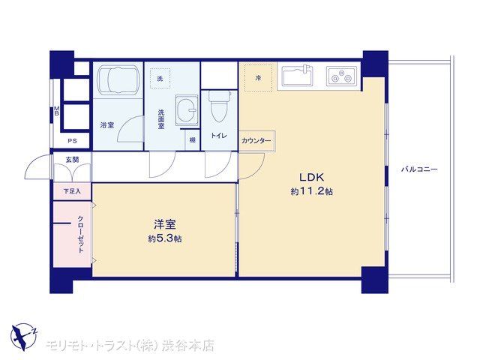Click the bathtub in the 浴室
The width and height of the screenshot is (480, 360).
pyautogui.click(x=118, y=78)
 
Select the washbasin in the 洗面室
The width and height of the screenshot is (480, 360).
pyautogui.click(x=187, y=110)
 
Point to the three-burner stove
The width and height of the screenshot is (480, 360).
pyautogui.click(x=341, y=76)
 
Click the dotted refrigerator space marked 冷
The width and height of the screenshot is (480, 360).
pyautogui.click(x=258, y=78)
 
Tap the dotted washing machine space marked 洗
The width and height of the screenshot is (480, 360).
pyautogui.click(x=160, y=79)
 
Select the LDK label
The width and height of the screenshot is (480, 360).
pyautogui.click(x=312, y=177)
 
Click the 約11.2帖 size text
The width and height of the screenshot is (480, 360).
pyautogui.click(x=312, y=192)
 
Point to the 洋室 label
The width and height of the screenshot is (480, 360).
pyautogui.click(x=165, y=225)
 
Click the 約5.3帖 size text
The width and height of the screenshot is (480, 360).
pyautogui.click(x=165, y=238)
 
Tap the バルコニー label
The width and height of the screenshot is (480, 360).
pyautogui.click(x=419, y=169)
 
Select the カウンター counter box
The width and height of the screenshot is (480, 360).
pyautogui.click(x=257, y=141)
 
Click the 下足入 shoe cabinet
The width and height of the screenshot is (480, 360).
pyautogui.click(x=72, y=191)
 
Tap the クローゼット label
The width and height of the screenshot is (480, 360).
pyautogui.click(x=80, y=234)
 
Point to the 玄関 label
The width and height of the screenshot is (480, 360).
pyautogui.click(x=72, y=160)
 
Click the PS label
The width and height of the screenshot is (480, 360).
pyautogui.click(x=72, y=141)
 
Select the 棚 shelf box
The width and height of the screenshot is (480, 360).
pyautogui.click(x=193, y=140)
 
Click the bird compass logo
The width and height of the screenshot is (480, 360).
pyautogui.click(x=24, y=337)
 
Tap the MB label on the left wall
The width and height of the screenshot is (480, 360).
pyautogui.click(x=57, y=111)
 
